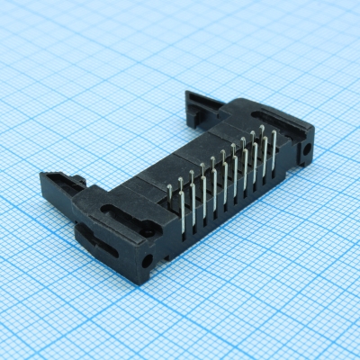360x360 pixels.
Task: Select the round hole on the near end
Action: (x=147, y=261)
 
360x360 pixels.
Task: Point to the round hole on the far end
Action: (x=309, y=150)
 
